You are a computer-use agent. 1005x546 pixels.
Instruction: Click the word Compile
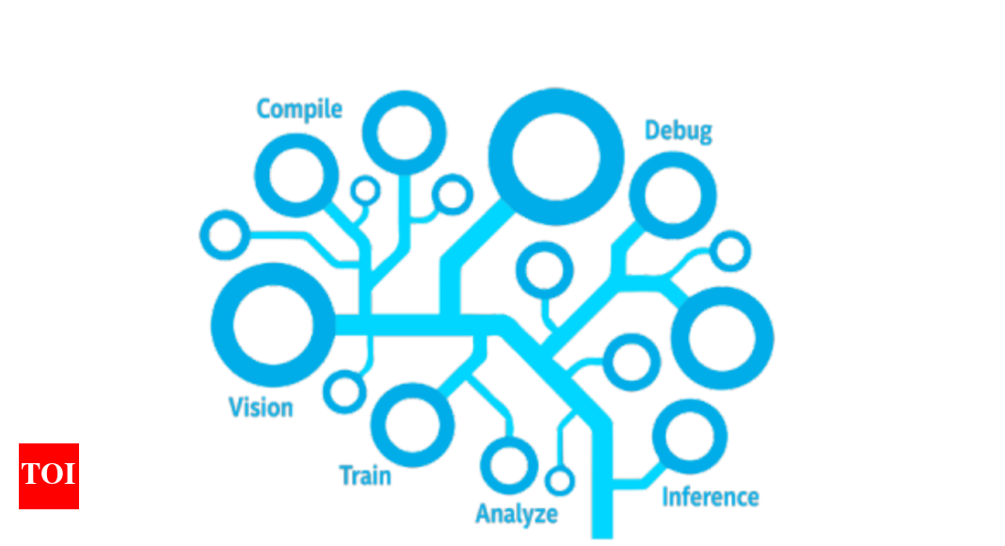coord(299,109)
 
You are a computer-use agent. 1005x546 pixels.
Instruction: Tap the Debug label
coord(678,131)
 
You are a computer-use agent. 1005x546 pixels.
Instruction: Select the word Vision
coord(261,408)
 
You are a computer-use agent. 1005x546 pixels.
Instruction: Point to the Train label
coord(365,475)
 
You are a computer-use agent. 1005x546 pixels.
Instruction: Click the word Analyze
coord(516,514)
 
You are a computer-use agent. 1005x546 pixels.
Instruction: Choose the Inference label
coord(710,496)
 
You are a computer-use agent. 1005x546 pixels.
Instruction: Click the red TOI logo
coord(49,475)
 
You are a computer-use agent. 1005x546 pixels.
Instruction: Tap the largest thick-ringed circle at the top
coord(555,156)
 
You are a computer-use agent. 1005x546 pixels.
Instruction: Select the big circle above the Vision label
coord(272,326)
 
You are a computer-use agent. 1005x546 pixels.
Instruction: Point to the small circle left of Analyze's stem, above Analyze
coord(509,463)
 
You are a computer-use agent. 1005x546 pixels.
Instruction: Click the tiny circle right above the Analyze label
coord(559,481)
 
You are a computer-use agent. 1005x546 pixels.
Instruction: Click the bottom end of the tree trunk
coord(601,532)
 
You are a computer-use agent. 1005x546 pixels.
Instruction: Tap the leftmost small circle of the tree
coord(225,234)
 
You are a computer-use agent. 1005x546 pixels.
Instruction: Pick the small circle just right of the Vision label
coord(345,391)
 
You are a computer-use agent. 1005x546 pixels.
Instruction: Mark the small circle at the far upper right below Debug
coord(729,250)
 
